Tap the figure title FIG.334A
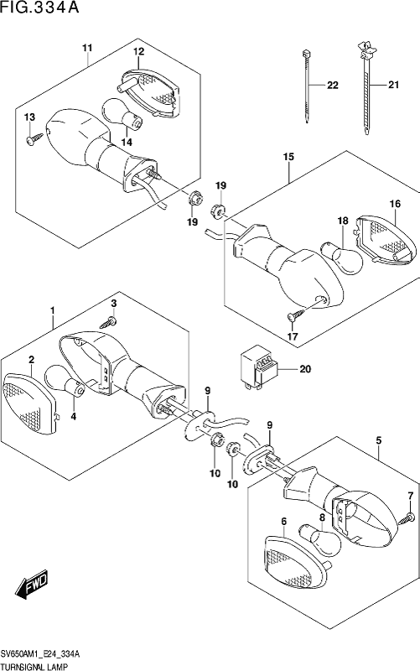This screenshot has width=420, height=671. click(39, 8)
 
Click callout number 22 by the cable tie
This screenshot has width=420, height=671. click(332, 86)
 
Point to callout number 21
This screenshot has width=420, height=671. click(393, 85)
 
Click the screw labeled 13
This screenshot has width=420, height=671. click(34, 138)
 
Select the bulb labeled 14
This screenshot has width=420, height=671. click(122, 113)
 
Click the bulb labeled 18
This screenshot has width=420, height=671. click(342, 257)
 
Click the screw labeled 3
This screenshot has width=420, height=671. click(110, 321)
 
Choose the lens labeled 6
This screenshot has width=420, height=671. click(296, 560)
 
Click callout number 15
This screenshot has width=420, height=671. click(288, 157)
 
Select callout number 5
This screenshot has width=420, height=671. click(379, 440)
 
